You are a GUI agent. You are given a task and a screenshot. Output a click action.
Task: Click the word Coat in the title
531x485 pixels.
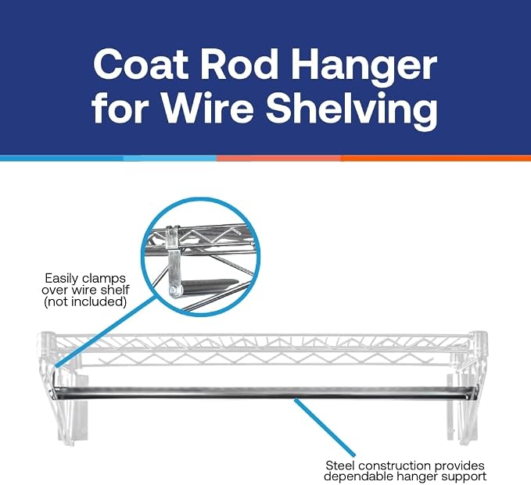click(x=141, y=64)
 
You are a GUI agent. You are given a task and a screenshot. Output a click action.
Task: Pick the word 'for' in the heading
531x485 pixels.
click(x=120, y=108)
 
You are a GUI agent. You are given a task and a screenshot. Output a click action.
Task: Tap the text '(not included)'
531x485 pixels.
click(x=85, y=301)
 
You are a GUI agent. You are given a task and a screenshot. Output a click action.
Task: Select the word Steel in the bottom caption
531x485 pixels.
click(x=339, y=465)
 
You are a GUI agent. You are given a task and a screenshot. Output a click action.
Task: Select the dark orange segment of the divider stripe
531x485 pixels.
click(x=436, y=158)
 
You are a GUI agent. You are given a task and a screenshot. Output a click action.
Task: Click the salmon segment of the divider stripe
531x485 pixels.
click(x=278, y=158)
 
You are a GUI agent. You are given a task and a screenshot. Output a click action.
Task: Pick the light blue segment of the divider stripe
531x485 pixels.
click(x=170, y=158)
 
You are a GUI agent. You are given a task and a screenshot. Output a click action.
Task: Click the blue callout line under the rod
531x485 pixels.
click(x=325, y=427)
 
